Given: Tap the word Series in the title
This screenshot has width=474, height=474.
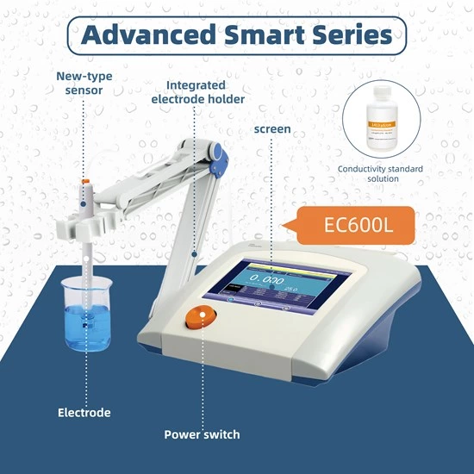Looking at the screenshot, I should pyautogui.click(x=349, y=35).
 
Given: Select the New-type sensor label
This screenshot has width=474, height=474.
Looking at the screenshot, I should pyautogui.click(x=84, y=84).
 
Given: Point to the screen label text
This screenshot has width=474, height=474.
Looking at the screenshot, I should pyautogui.click(x=271, y=129).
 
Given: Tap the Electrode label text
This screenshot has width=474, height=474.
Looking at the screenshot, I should pyautogui.click(x=84, y=413).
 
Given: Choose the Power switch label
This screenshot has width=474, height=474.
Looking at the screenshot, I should pyautogui.click(x=202, y=433).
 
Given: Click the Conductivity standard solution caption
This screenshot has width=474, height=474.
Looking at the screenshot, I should pyautogui.click(x=380, y=173).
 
